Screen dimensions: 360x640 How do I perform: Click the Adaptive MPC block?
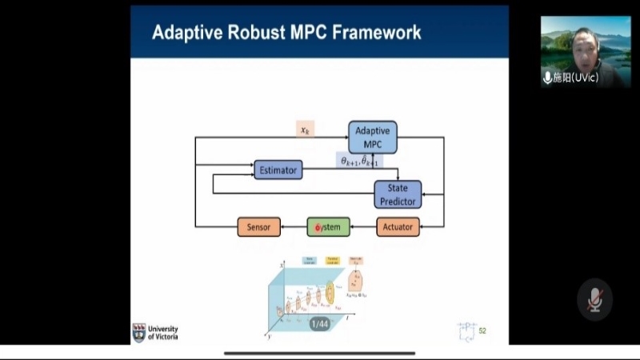coord(372,138)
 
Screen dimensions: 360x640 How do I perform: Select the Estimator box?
coord(278,170)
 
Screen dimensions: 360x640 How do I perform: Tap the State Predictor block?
coord(398,194)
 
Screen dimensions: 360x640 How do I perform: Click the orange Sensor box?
coord(258,227)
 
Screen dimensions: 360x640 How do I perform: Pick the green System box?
coord(328,227)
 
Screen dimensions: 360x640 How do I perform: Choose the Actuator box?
coord(398,227)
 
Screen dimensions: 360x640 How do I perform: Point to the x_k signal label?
coord(305,129)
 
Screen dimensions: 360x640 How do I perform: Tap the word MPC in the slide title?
coord(288,33)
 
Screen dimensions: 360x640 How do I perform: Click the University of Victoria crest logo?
coord(139,332)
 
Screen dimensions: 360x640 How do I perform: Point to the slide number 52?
coord(482,330)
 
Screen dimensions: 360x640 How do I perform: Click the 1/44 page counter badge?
coord(318,324)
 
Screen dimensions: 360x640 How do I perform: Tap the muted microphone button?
coord(594,299)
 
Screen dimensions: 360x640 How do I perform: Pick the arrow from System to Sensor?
coord(294,227)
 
